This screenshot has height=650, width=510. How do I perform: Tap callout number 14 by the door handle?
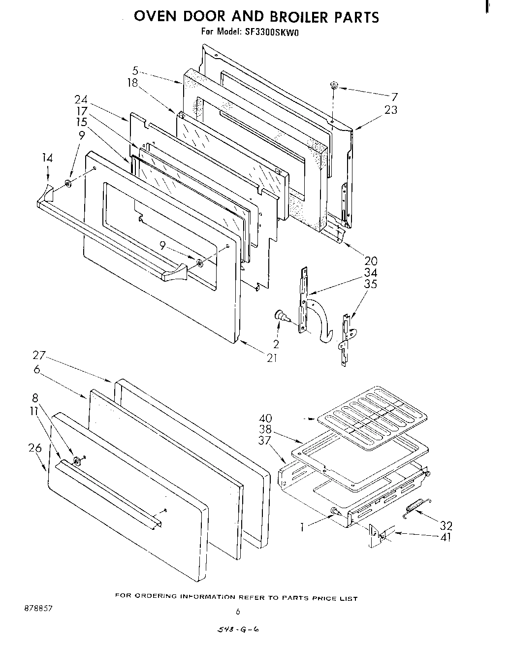47,158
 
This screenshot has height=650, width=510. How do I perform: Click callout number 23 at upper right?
391,110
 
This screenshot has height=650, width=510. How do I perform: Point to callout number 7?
394,97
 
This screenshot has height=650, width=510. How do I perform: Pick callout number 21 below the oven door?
272,358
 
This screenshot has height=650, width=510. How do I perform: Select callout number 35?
370,284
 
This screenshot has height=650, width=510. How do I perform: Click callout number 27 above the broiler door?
39,355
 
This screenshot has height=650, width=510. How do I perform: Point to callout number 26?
35,448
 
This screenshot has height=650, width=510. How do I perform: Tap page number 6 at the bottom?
238,612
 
